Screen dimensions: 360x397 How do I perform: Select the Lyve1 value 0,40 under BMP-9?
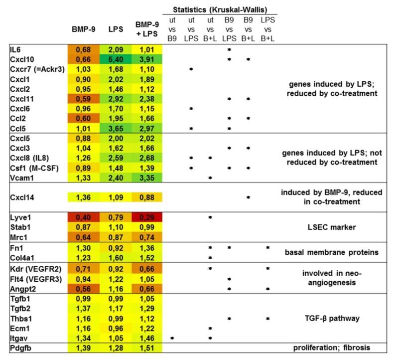tap(83, 218)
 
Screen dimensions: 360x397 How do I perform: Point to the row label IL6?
tap(15, 50)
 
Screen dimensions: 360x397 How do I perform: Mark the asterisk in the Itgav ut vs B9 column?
tap(172, 338)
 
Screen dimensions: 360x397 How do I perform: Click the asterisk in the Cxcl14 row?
tap(248, 197)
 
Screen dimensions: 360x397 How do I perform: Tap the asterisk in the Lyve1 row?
tap(210, 218)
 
